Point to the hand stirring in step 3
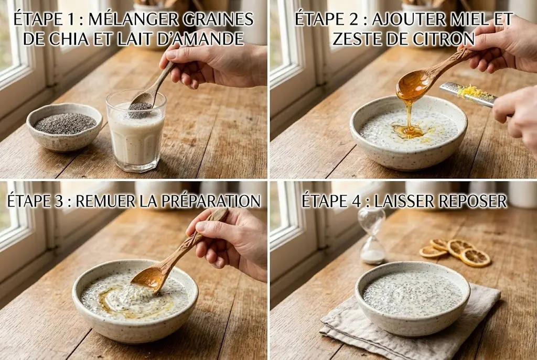pyautogui.click(x=231, y=241)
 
